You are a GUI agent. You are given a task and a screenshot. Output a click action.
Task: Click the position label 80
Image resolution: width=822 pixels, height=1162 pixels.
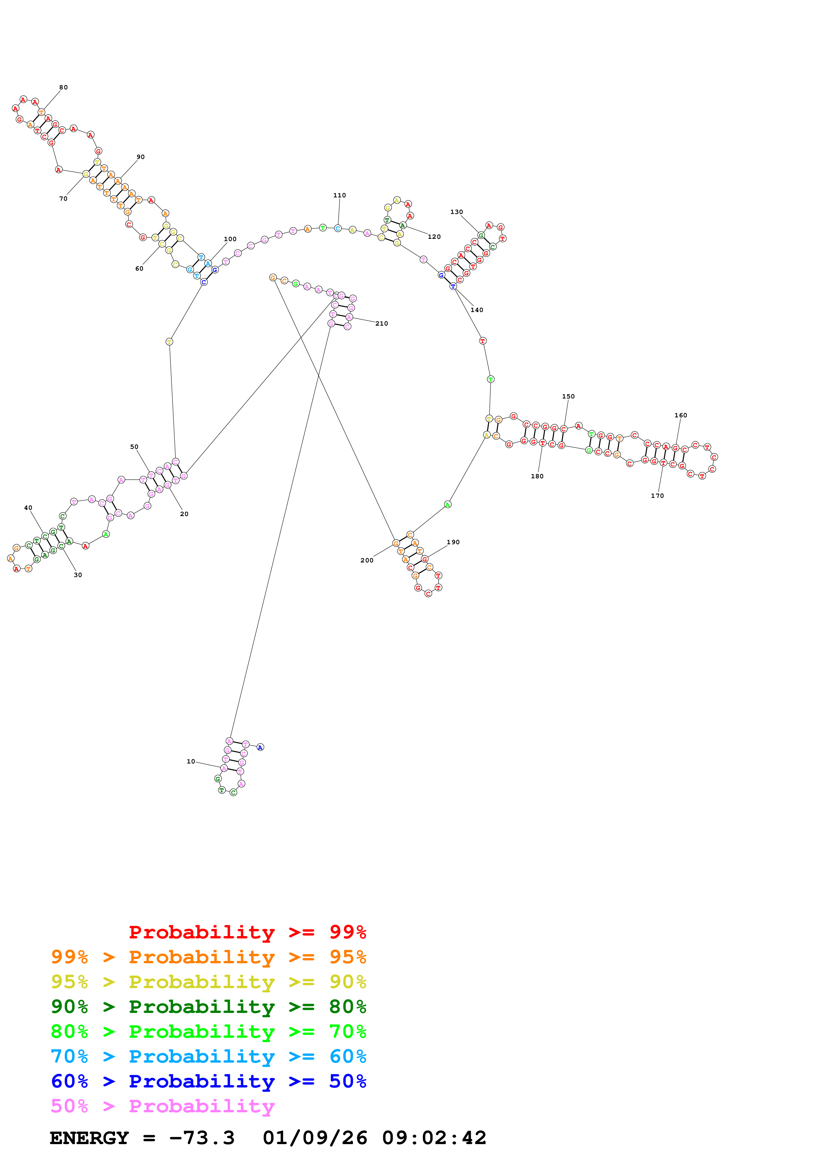pos(63,87)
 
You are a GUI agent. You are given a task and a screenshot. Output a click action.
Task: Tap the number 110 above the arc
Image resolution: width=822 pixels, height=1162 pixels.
pos(339,195)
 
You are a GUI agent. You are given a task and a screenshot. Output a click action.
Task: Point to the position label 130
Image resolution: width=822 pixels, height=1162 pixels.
pos(456,212)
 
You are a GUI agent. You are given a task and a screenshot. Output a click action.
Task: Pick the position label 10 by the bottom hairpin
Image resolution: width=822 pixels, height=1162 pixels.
pos(191,762)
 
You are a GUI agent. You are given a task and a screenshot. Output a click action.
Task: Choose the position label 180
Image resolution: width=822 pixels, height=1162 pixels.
pos(537,477)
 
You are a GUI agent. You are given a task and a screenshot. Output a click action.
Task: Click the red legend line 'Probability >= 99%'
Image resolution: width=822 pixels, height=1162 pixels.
pos(247,932)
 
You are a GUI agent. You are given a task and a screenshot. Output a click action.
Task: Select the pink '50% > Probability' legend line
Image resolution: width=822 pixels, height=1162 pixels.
pos(162,1106)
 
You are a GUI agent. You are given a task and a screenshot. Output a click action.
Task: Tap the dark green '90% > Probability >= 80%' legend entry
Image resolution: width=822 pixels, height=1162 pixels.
pos(208,1007)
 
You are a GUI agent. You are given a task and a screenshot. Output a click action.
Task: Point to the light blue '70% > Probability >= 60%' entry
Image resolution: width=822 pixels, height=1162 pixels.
pos(208,1057)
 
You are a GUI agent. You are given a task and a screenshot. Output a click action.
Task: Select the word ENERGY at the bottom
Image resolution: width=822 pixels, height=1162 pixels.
pos(89,1138)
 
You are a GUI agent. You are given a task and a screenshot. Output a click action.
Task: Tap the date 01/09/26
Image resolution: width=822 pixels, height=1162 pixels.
pos(315,1138)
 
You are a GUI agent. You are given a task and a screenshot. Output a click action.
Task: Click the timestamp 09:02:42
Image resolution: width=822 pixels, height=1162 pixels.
pos(434,1138)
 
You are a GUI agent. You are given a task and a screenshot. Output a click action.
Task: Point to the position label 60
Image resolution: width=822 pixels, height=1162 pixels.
pos(139,269)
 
